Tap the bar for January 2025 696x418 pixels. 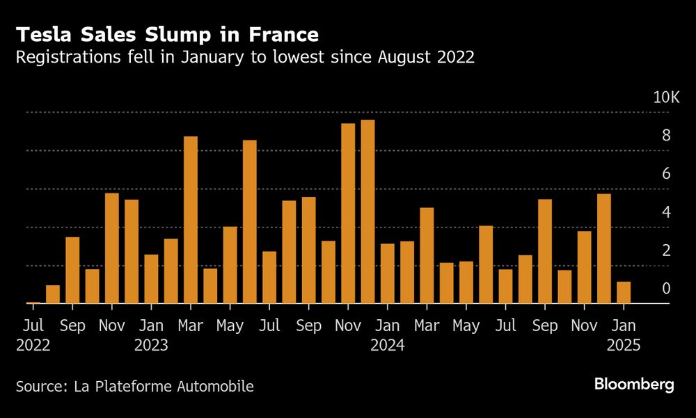coord(624,293)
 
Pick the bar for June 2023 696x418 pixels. coord(250,222)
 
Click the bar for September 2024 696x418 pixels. coord(545,251)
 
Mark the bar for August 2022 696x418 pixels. coord(53,294)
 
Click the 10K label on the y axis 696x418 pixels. coord(665,97)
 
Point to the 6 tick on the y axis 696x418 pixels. coord(666,174)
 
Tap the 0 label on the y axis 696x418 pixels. coord(666,289)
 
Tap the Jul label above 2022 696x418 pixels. coord(33,325)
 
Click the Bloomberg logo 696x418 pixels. coord(634,385)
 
